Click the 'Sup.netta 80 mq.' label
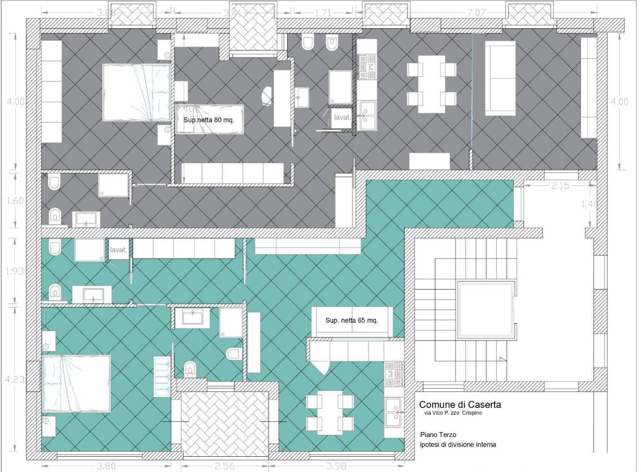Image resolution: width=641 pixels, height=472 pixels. tap(209, 120)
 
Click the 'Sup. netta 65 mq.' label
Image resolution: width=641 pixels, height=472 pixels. tap(352, 321)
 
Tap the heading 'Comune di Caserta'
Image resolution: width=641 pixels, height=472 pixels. tap(460, 404)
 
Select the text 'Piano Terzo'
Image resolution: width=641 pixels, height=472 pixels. tap(438, 434)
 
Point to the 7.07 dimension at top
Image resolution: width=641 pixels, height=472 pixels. tap(476, 13)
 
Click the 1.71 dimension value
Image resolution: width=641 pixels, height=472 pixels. tap(323, 13)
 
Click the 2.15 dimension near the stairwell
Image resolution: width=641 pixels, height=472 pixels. tap(560, 185)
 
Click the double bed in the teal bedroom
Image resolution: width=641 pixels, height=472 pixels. tap(76, 383)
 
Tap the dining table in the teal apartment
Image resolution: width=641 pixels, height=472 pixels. tap(329, 412)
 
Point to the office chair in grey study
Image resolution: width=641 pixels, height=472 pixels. tap(266, 95)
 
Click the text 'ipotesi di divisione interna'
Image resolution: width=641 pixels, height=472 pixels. tap(458, 445)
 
